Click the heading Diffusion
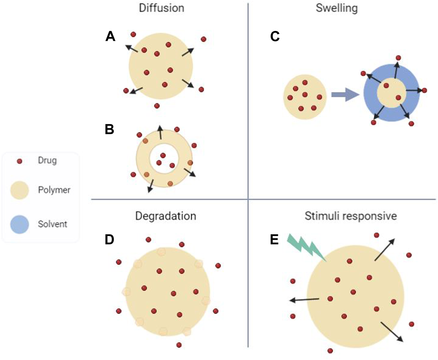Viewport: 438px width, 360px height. (161, 8)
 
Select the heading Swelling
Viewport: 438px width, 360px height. (336, 8)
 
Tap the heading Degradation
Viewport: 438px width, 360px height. (166, 216)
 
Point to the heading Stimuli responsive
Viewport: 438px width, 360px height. (350, 216)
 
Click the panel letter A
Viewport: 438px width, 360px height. (110, 36)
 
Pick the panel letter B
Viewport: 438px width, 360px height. (110, 129)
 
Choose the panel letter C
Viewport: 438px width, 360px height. (275, 36)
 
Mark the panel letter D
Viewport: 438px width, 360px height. (110, 240)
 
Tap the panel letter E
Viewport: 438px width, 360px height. (274, 240)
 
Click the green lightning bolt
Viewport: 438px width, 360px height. (306, 247)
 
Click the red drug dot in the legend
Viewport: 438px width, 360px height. (19, 161)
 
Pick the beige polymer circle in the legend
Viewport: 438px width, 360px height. (19, 190)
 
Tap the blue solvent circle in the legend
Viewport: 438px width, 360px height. (19, 224)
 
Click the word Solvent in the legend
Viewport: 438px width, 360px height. (52, 224)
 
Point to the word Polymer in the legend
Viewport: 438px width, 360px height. (54, 190)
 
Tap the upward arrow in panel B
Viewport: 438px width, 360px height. (160, 132)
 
